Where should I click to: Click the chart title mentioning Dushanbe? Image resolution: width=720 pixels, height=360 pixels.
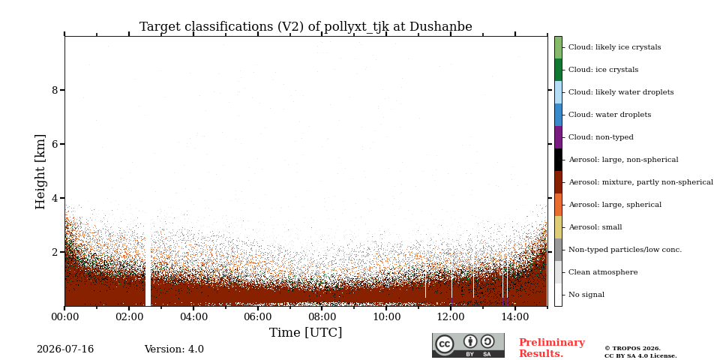pyautogui.click(x=306, y=27)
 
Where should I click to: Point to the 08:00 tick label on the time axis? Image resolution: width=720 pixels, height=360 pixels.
pyautogui.click(x=322, y=316)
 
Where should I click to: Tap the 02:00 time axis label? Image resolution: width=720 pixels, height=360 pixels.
pyautogui.click(x=129, y=316)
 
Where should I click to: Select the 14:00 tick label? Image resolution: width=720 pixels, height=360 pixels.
pyautogui.click(x=515, y=316)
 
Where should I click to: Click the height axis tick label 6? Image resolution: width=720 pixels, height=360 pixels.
pyautogui.click(x=55, y=144)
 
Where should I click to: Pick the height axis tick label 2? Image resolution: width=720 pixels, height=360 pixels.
pyautogui.click(x=55, y=252)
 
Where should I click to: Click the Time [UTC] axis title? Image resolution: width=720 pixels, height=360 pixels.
pyautogui.click(x=306, y=332)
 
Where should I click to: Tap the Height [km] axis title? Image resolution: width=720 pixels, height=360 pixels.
pyautogui.click(x=40, y=172)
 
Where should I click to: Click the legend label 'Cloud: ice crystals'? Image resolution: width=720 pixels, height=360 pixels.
pyautogui.click(x=603, y=70)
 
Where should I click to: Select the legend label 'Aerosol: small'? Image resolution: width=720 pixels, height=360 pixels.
pyautogui.click(x=595, y=227)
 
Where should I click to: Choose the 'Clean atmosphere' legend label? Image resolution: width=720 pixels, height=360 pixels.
pyautogui.click(x=603, y=272)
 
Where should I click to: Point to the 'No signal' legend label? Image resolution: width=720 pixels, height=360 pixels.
pyautogui.click(x=586, y=295)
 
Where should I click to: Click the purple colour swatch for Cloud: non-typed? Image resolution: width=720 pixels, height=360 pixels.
pyautogui.click(x=558, y=137)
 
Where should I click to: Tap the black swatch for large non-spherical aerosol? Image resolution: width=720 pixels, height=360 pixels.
pyautogui.click(x=558, y=160)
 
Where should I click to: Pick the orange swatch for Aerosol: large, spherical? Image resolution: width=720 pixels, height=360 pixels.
pyautogui.click(x=558, y=205)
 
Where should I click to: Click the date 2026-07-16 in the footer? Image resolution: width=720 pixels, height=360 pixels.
pyautogui.click(x=65, y=349)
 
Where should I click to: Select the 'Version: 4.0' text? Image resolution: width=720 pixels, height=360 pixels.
pyautogui.click(x=174, y=349)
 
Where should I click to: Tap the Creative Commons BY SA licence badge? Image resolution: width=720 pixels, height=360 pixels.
pyautogui.click(x=468, y=345)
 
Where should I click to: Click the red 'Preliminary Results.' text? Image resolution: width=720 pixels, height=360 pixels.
pyautogui.click(x=552, y=348)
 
